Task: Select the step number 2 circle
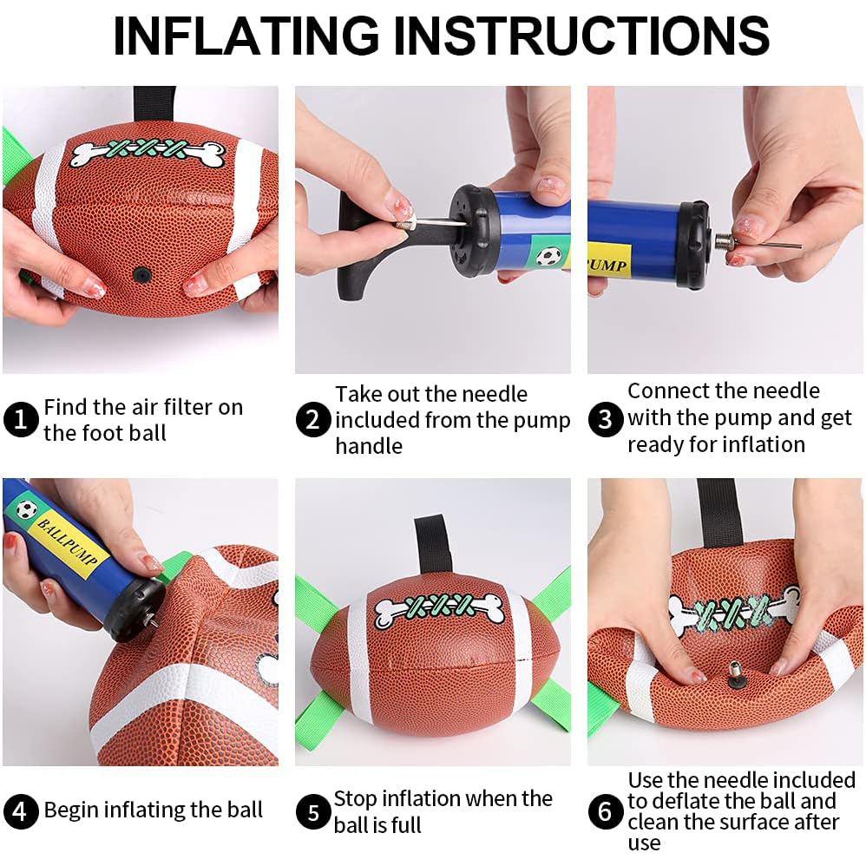[x=312, y=421]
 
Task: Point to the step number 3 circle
[x=605, y=420]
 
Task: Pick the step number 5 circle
[x=312, y=813]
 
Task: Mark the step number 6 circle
[x=605, y=813]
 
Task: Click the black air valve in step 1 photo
[x=140, y=274]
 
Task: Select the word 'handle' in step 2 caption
[x=369, y=446]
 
